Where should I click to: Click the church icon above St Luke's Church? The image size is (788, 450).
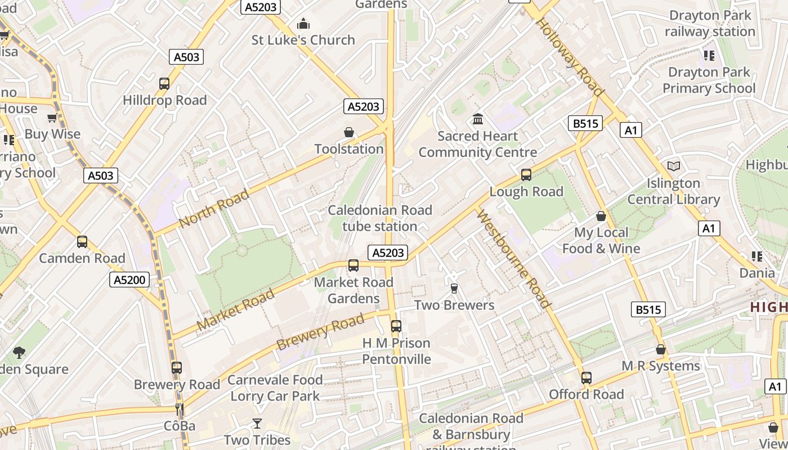pos(303,24)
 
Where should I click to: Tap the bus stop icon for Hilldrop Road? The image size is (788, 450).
pos(164,84)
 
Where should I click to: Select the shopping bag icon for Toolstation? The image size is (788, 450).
pos(349,133)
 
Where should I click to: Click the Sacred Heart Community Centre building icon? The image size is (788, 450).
pos(478,119)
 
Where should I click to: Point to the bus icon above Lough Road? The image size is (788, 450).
pos(526,175)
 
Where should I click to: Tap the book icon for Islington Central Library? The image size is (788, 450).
pos(674,166)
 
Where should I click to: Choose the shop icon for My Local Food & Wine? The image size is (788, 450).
pos(601,216)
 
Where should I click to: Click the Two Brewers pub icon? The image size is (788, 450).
pos(454,289)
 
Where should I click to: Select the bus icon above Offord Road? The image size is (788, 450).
pos(586,378)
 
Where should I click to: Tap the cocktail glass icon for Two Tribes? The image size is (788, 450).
pos(257,423)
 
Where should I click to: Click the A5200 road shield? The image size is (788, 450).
pos(129,280)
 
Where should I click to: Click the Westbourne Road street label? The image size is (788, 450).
pos(513,259)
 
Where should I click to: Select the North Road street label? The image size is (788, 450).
pos(214,209)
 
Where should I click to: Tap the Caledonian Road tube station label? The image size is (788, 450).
pos(380,218)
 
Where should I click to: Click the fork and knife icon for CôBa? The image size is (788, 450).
pos(180,409)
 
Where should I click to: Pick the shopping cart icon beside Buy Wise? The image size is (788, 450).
pos(52,118)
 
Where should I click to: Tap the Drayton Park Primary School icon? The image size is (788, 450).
pos(709,56)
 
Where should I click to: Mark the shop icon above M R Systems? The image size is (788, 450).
pos(661,350)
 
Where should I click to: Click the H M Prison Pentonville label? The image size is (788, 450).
pos(396,351)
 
